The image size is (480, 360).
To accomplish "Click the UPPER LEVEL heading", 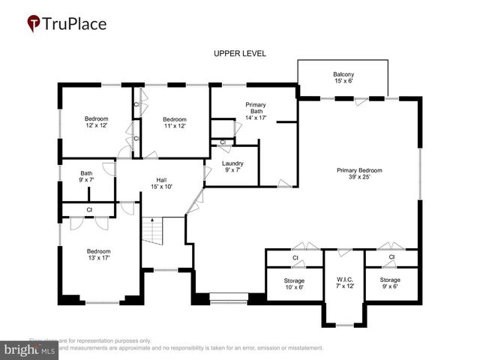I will tap(239, 53).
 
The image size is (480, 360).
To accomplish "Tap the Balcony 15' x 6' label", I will tap(343, 77).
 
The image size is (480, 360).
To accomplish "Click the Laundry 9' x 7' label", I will tap(233, 166).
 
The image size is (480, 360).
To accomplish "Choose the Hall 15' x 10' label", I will tap(160, 183).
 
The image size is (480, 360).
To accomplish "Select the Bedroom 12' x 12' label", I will tap(96, 122).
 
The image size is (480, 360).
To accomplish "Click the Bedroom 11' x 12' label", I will tap(174, 122).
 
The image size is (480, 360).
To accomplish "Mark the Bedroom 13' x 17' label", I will tap(98, 255).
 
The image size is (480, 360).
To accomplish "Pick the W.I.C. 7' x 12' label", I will tap(344, 283).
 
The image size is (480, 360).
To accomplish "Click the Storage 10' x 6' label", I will tap(295, 283).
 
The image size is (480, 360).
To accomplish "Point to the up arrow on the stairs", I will tap(153, 220).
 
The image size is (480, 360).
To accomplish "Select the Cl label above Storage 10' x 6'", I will tap(295, 257).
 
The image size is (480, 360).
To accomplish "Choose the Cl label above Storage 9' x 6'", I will tap(391, 257).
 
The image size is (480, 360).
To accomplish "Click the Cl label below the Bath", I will tap(89, 210).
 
